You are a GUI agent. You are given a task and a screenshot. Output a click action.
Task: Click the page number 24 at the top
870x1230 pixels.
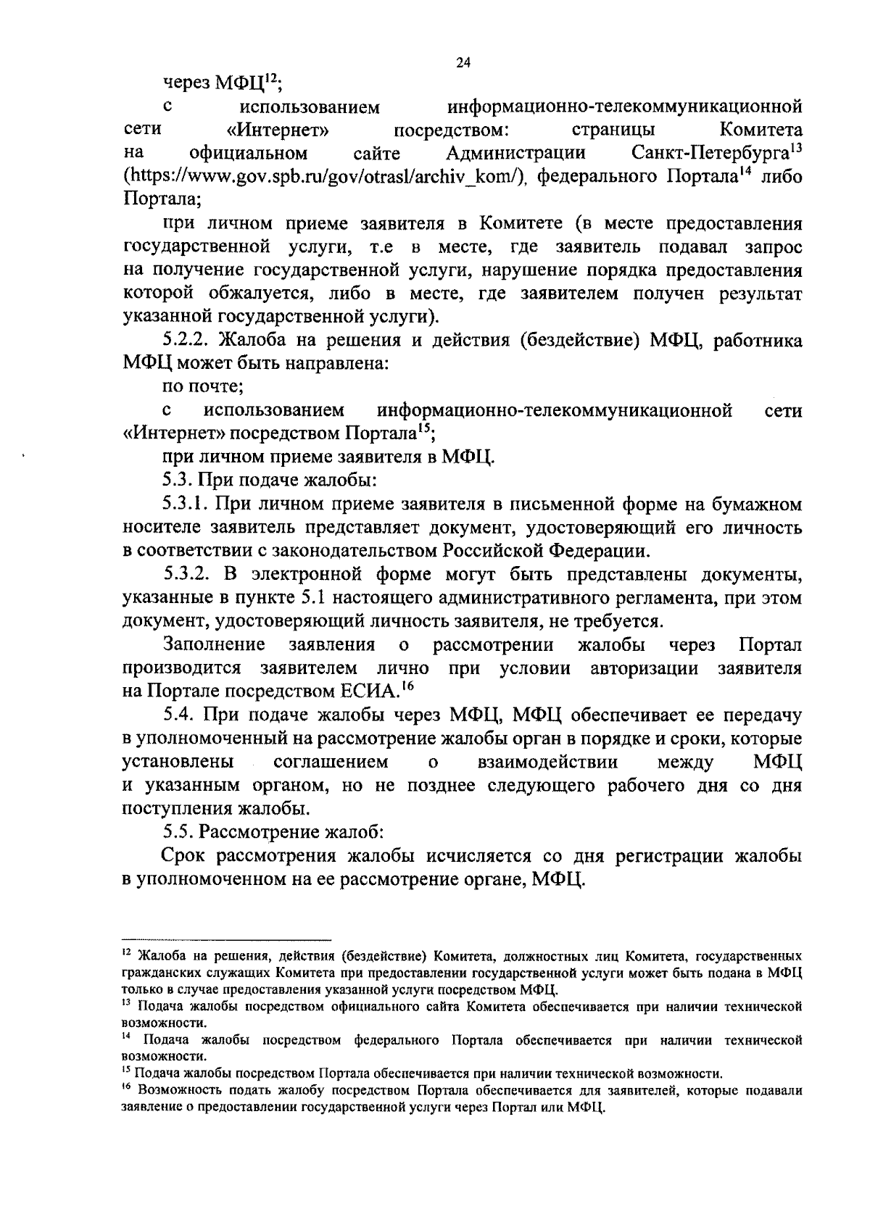(x=463, y=63)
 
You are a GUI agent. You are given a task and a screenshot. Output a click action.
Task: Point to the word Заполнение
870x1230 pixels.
(x=214, y=644)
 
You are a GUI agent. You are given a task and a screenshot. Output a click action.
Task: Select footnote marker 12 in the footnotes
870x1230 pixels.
(x=126, y=952)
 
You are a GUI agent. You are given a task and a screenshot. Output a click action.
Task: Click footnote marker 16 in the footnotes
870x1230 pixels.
(x=126, y=1087)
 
